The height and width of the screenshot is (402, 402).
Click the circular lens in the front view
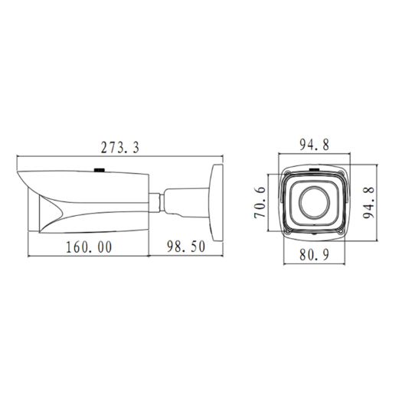(315, 203)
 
